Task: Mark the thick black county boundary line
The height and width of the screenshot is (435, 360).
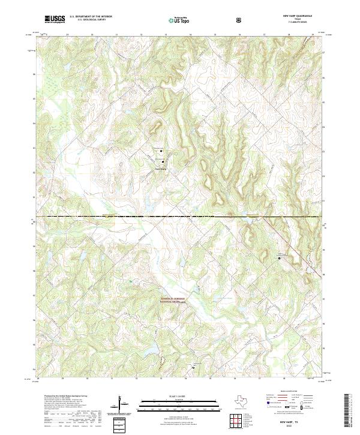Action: pos(180,215)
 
